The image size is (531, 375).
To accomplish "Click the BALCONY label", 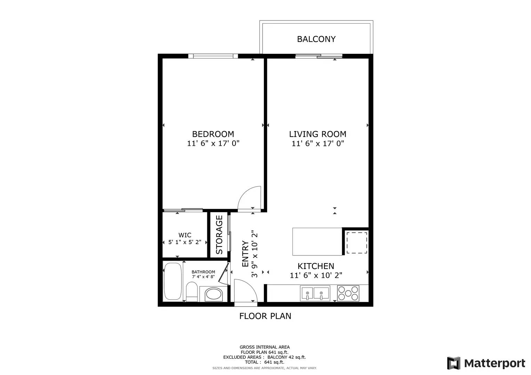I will click(316, 39).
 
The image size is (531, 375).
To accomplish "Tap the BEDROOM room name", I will click(213, 134).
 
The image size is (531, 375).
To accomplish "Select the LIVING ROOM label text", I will click(317, 134).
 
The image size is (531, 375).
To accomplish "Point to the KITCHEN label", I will click(316, 266).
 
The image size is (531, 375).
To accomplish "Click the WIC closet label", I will click(185, 235).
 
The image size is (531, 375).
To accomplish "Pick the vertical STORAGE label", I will click(219, 235).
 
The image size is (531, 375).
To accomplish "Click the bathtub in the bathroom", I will click(172, 281).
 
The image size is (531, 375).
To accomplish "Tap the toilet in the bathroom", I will click(192, 292).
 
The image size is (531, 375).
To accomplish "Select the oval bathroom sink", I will click(213, 294).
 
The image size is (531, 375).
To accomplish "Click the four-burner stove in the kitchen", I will click(348, 293).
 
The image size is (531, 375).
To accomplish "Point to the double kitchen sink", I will click(315, 293).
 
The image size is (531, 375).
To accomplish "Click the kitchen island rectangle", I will click(317, 242).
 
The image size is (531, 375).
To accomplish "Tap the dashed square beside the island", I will click(357, 243).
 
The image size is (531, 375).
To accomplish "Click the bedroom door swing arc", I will click(250, 198).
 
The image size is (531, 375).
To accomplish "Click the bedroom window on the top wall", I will click(213, 56).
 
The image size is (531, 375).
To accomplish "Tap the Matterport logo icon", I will click(453, 363).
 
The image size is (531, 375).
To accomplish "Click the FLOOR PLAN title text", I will click(265, 316).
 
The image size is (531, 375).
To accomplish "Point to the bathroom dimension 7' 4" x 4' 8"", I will click(203, 277).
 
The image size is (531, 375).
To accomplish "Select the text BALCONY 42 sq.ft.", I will click(287, 357).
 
